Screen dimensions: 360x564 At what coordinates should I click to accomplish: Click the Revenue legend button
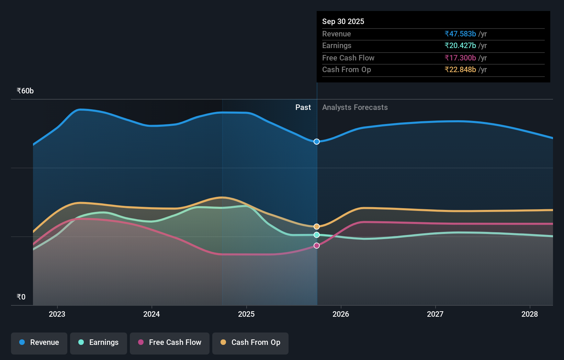click(39, 343)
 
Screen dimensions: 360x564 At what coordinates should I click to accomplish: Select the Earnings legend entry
click(99, 343)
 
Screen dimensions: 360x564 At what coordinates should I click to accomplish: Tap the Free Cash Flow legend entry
click(170, 343)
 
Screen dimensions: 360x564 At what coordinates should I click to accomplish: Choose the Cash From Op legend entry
click(250, 343)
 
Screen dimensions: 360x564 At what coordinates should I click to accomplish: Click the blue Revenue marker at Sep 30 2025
click(317, 142)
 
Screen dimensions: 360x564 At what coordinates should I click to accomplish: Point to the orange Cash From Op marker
click(317, 226)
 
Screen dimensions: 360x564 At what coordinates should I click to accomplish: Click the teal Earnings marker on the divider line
click(317, 235)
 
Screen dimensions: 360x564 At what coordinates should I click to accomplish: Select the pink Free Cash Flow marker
click(317, 246)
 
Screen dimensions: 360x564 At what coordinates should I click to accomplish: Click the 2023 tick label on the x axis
click(57, 314)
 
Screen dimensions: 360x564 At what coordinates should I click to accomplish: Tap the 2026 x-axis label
click(341, 314)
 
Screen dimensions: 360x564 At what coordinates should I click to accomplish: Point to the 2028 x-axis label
click(530, 314)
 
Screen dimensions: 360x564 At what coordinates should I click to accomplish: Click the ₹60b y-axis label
click(25, 91)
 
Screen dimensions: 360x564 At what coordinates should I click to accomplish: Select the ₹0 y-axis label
click(21, 297)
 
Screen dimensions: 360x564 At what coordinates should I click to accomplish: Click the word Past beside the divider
click(303, 108)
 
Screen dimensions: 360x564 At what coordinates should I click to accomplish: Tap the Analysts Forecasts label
click(355, 108)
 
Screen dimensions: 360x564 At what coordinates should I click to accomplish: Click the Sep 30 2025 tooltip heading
click(343, 21)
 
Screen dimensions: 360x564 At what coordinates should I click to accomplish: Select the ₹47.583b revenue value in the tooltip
click(460, 34)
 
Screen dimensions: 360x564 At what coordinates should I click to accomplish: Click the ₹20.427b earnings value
click(460, 46)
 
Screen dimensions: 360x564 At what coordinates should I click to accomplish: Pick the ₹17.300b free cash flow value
click(460, 58)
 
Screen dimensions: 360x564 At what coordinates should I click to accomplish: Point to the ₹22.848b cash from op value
click(460, 70)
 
